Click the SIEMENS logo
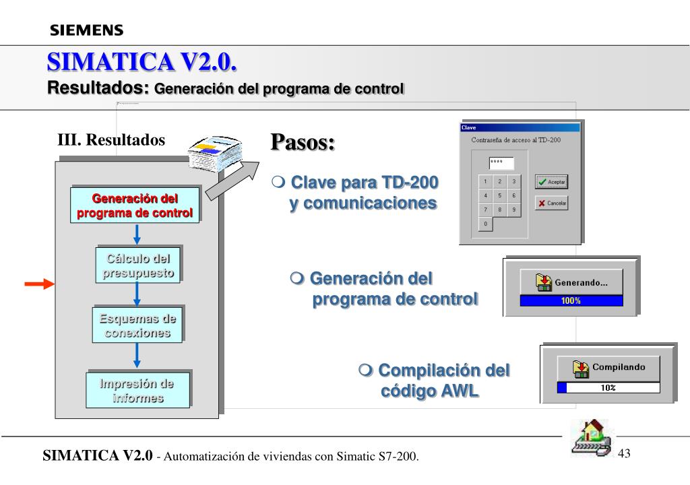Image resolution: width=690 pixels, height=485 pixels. click(x=86, y=30)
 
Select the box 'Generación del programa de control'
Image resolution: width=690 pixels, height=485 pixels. click(x=135, y=206)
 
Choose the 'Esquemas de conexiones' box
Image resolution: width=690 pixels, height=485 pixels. click(x=137, y=325)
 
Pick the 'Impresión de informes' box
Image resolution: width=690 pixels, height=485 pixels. click(x=137, y=391)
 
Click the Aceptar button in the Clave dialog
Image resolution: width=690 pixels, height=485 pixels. click(x=551, y=182)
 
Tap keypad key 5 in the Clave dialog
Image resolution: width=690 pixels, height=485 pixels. click(x=499, y=195)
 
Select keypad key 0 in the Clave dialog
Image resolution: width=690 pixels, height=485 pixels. click(x=485, y=224)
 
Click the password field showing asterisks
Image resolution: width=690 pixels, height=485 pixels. click(x=501, y=163)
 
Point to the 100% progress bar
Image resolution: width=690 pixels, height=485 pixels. click(x=571, y=300)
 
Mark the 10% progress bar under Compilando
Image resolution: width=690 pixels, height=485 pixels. click(x=608, y=387)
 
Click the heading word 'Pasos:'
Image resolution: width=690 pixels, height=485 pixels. click(x=303, y=143)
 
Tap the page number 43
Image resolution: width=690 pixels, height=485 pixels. click(x=624, y=453)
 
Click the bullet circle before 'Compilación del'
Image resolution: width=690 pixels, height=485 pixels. click(x=365, y=370)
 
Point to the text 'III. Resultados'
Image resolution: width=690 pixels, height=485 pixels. click(x=111, y=139)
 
